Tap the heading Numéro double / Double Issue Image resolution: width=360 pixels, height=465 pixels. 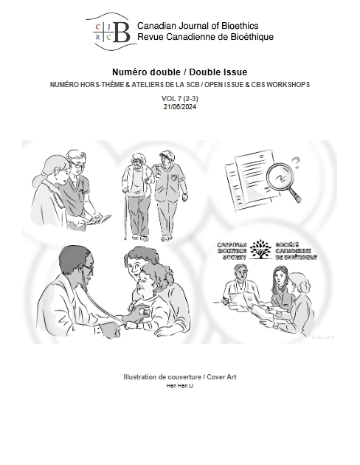(x=179, y=72)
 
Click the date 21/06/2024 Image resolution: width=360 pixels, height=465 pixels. (x=179, y=106)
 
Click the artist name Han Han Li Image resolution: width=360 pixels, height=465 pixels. (x=179, y=386)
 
